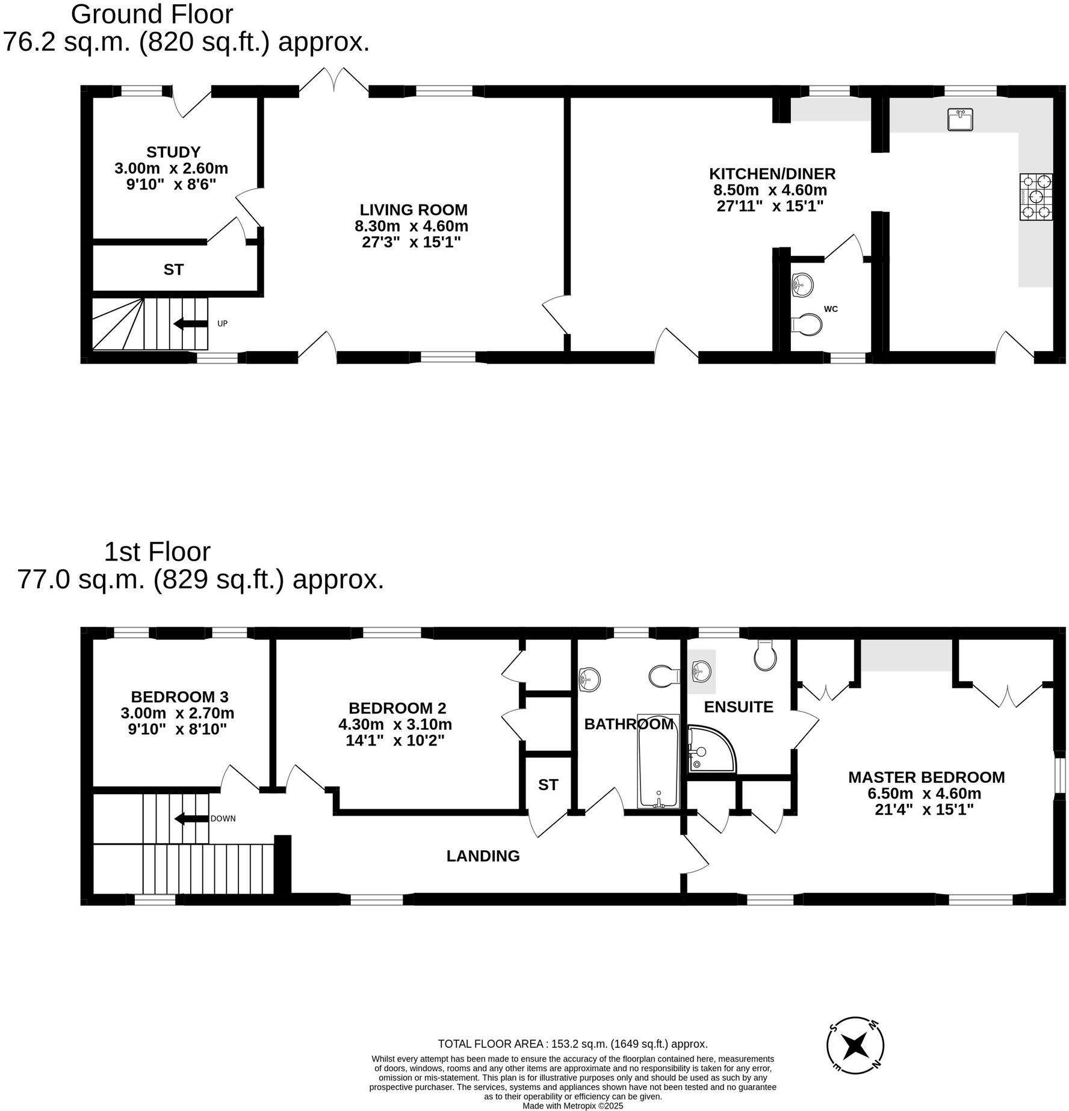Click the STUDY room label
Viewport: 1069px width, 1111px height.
tap(173, 152)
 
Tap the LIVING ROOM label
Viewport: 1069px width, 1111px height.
tap(414, 210)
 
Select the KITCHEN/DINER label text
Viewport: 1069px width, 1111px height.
tap(772, 174)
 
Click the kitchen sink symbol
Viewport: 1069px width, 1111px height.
tap(960, 119)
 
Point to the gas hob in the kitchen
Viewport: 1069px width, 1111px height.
tap(1036, 196)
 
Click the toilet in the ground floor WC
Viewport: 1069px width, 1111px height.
tap(807, 325)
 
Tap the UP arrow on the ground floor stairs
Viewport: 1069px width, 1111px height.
tap(188, 324)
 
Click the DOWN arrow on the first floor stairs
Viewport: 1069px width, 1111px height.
tap(191, 819)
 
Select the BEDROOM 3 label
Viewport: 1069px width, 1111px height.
tap(179, 697)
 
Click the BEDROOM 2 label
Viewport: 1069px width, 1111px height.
tap(397, 708)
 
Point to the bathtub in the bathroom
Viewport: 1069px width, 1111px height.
tap(658, 761)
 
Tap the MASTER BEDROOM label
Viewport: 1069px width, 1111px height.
tap(926, 777)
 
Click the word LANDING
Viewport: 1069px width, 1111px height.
tap(483, 856)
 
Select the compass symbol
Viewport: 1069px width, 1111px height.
tap(855, 1046)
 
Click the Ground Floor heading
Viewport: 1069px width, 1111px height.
tap(152, 14)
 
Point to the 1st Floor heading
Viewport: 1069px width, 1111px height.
tap(157, 552)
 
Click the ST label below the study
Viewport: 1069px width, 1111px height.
tap(173, 270)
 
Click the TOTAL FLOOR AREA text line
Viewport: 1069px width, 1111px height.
tap(572, 1044)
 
